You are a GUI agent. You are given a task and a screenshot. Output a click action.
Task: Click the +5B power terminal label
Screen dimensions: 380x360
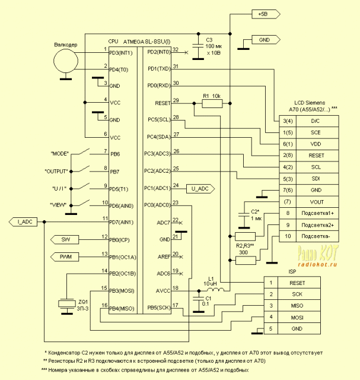tap(263, 13)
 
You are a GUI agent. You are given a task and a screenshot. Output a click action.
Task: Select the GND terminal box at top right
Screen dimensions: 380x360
tap(263, 40)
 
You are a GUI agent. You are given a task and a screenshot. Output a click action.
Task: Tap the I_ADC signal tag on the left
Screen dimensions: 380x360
tap(24, 221)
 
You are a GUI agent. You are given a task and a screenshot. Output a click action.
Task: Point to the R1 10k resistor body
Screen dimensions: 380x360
tap(211, 103)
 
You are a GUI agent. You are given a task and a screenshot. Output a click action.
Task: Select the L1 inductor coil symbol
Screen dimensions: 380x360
tap(217, 289)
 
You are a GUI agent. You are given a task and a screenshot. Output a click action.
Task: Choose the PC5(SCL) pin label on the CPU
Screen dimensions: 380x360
tap(158, 119)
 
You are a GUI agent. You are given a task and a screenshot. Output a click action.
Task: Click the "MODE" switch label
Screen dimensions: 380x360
tap(60, 154)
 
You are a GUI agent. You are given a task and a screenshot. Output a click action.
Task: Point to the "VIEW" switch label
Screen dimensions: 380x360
tap(60, 205)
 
